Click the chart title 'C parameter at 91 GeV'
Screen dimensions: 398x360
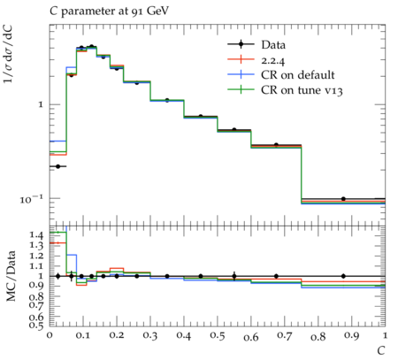point(109,11)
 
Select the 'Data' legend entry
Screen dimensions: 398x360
point(273,45)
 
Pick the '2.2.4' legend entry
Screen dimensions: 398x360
point(273,60)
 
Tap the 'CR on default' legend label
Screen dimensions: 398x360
point(298,75)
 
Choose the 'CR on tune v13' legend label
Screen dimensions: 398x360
point(302,90)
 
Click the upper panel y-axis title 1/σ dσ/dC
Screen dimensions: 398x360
point(9,54)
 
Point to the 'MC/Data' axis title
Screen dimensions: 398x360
point(11,276)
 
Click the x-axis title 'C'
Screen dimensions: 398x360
point(381,350)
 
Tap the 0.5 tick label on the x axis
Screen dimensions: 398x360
point(218,335)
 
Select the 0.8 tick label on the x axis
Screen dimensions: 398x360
point(318,336)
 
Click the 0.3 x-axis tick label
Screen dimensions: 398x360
point(150,335)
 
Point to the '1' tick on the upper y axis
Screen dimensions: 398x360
point(41,104)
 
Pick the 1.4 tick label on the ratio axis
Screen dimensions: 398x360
point(36,235)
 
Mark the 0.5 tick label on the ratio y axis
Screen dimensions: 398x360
point(36,326)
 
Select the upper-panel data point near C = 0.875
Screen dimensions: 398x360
point(343,199)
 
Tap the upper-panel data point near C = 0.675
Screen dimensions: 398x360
point(276,145)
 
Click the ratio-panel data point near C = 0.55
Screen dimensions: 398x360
point(234,276)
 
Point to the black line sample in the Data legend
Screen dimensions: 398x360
point(241,44)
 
